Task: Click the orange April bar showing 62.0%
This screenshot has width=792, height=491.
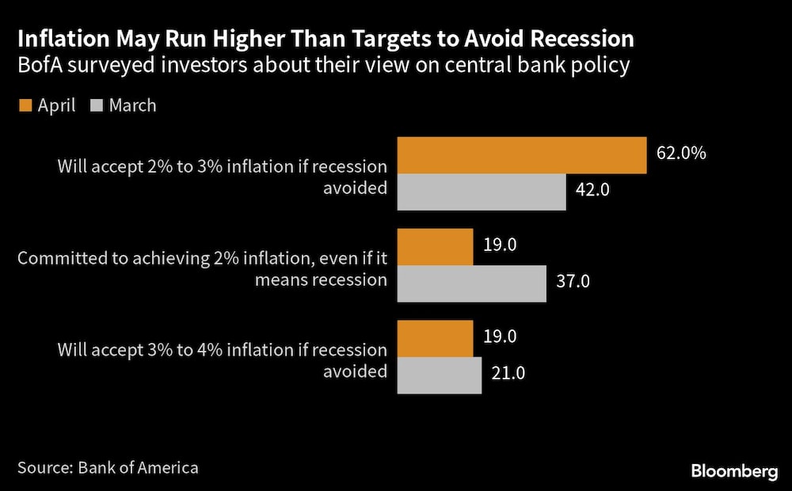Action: point(522,154)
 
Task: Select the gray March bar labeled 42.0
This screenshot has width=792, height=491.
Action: point(482,192)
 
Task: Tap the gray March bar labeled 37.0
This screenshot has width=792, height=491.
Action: point(471,283)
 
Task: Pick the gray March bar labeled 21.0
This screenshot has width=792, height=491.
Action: point(439,375)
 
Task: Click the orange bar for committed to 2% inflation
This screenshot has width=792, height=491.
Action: point(435,246)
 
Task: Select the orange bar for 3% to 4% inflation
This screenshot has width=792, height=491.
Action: point(435,338)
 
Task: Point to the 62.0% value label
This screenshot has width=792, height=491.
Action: point(681,153)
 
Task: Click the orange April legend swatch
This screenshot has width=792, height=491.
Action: point(24,105)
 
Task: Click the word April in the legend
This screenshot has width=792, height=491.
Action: point(56,105)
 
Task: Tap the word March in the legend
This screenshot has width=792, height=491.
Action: point(132,105)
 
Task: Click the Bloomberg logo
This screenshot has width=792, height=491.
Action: point(734,472)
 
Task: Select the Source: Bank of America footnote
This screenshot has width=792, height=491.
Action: point(108,467)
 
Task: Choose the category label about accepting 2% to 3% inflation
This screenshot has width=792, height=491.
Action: point(222,178)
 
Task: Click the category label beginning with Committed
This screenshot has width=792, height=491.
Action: point(202,269)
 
